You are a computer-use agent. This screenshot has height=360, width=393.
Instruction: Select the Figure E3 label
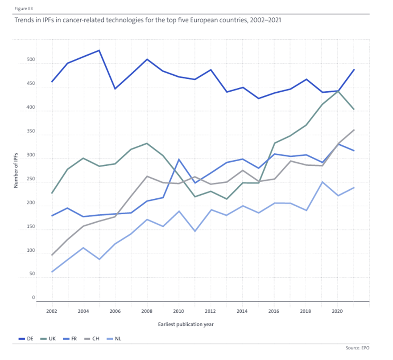[x=23, y=8]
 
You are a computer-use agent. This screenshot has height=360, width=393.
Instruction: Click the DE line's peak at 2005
[x=99, y=50]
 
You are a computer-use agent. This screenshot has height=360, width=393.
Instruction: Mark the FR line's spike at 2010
[x=178, y=160]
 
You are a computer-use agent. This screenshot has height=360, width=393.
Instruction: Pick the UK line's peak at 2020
[x=338, y=91]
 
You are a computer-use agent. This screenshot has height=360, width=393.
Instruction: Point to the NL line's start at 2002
[x=52, y=272]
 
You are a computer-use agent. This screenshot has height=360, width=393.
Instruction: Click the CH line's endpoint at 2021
[x=354, y=130]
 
